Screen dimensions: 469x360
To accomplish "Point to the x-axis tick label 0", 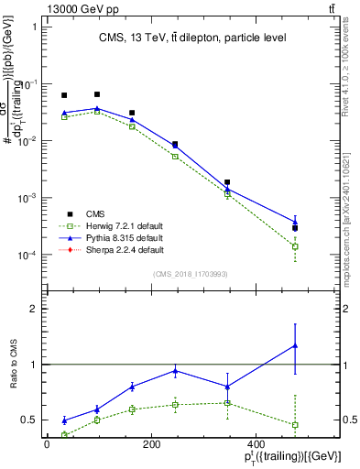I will (47, 445).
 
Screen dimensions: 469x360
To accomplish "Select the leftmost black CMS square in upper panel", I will (64, 95).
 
